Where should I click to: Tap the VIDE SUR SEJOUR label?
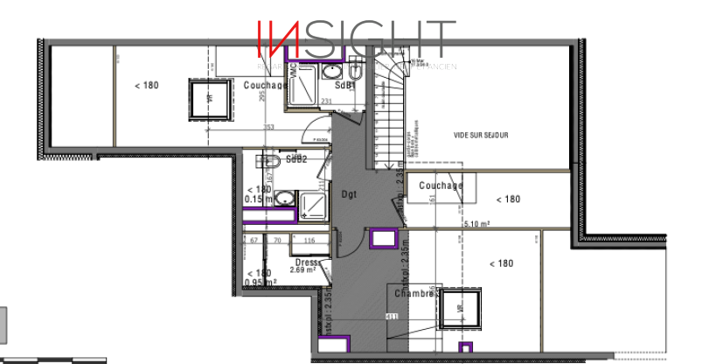click(x=481, y=136)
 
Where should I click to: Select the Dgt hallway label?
click(x=350, y=194)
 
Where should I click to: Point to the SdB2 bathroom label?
click(x=296, y=159)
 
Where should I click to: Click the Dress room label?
click(x=306, y=262)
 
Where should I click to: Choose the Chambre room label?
click(x=414, y=294)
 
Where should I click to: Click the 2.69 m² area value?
click(x=304, y=269)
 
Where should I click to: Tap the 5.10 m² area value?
click(x=476, y=224)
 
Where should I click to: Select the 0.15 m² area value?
click(x=260, y=199)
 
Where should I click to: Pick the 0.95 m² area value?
click(x=261, y=283)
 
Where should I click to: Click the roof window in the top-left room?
click(x=210, y=98)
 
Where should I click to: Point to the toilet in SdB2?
click(x=268, y=162)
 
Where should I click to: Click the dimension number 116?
click(x=309, y=240)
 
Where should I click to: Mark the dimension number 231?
click(x=327, y=102)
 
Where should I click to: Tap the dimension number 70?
click(x=277, y=240)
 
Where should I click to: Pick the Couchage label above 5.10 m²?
click(x=441, y=185)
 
